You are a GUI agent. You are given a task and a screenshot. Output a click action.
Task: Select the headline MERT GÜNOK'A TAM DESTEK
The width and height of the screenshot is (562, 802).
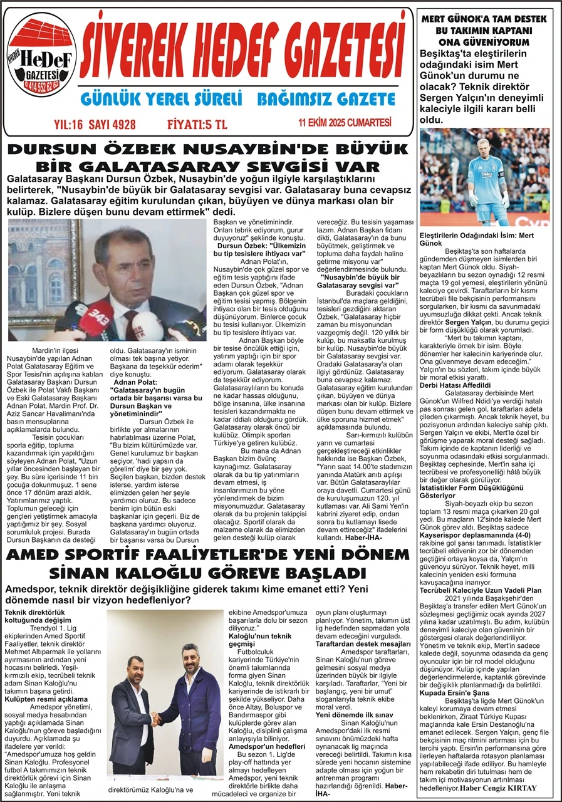[x=484, y=19]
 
